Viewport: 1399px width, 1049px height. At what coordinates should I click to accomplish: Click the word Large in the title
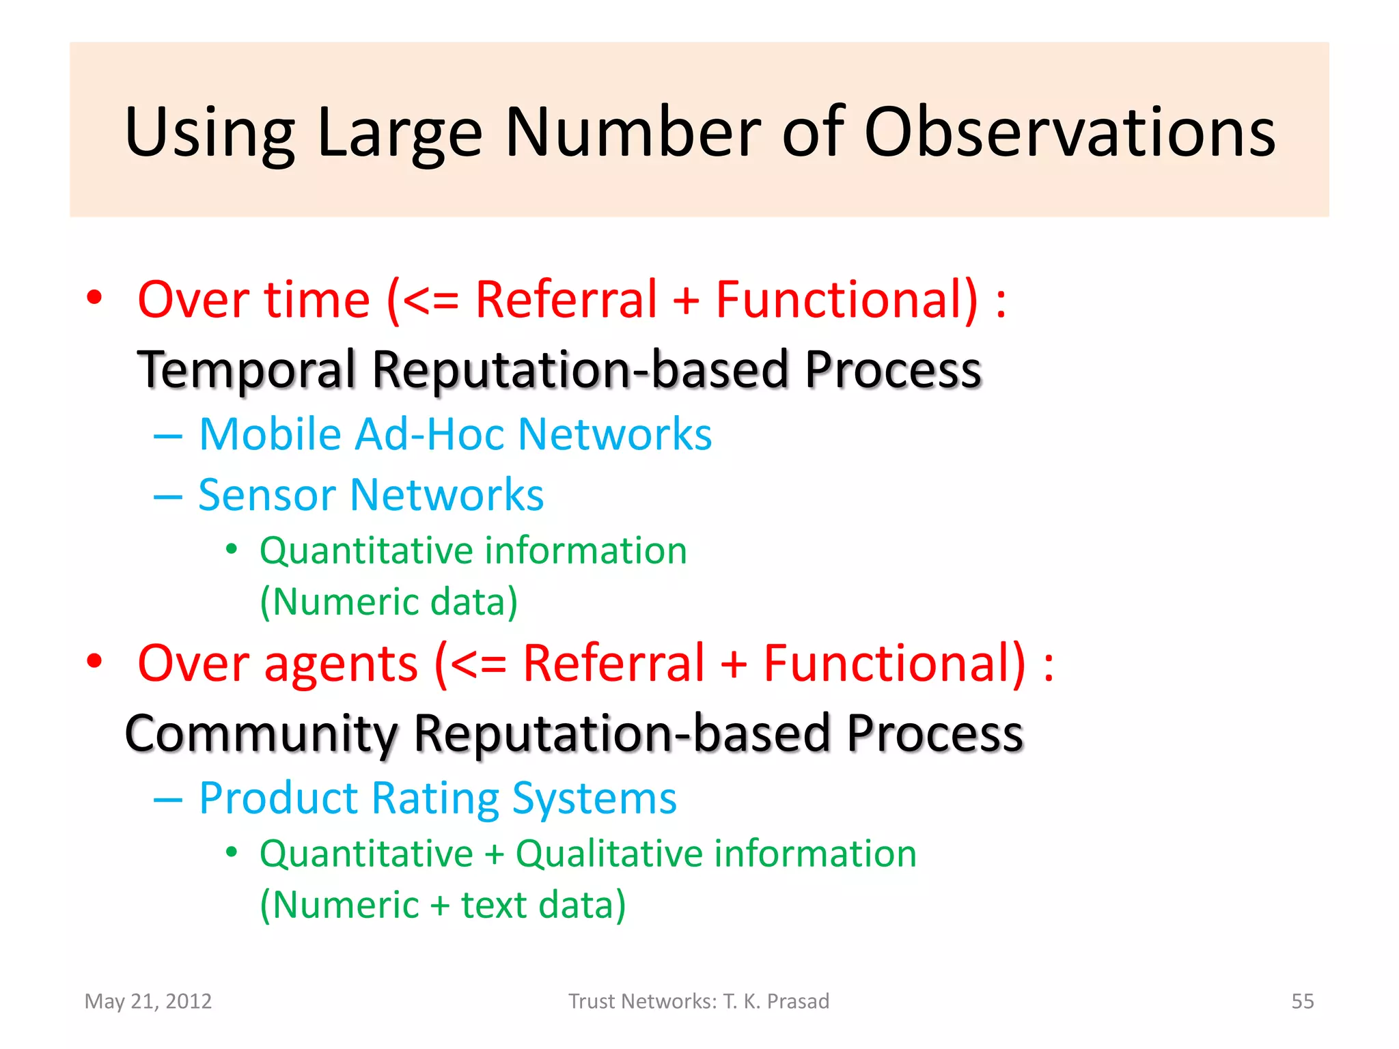[x=400, y=133]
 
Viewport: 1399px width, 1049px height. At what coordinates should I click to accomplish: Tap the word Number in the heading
[x=633, y=133]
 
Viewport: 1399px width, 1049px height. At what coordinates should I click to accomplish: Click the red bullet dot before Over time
[x=94, y=298]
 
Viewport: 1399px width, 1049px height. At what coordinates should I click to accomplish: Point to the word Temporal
[x=247, y=370]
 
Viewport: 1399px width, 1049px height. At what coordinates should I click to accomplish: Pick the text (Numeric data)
[x=389, y=602]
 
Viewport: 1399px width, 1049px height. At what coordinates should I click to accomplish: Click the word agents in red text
[x=341, y=664]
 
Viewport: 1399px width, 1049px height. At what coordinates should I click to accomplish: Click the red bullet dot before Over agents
[x=94, y=661]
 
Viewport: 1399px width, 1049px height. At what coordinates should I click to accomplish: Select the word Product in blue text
[x=278, y=798]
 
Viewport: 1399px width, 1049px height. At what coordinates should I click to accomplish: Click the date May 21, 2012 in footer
[x=148, y=1001]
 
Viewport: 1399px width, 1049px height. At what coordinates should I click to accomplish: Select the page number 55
[x=1302, y=1001]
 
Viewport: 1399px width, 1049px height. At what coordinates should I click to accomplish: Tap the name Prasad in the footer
[x=798, y=1001]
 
